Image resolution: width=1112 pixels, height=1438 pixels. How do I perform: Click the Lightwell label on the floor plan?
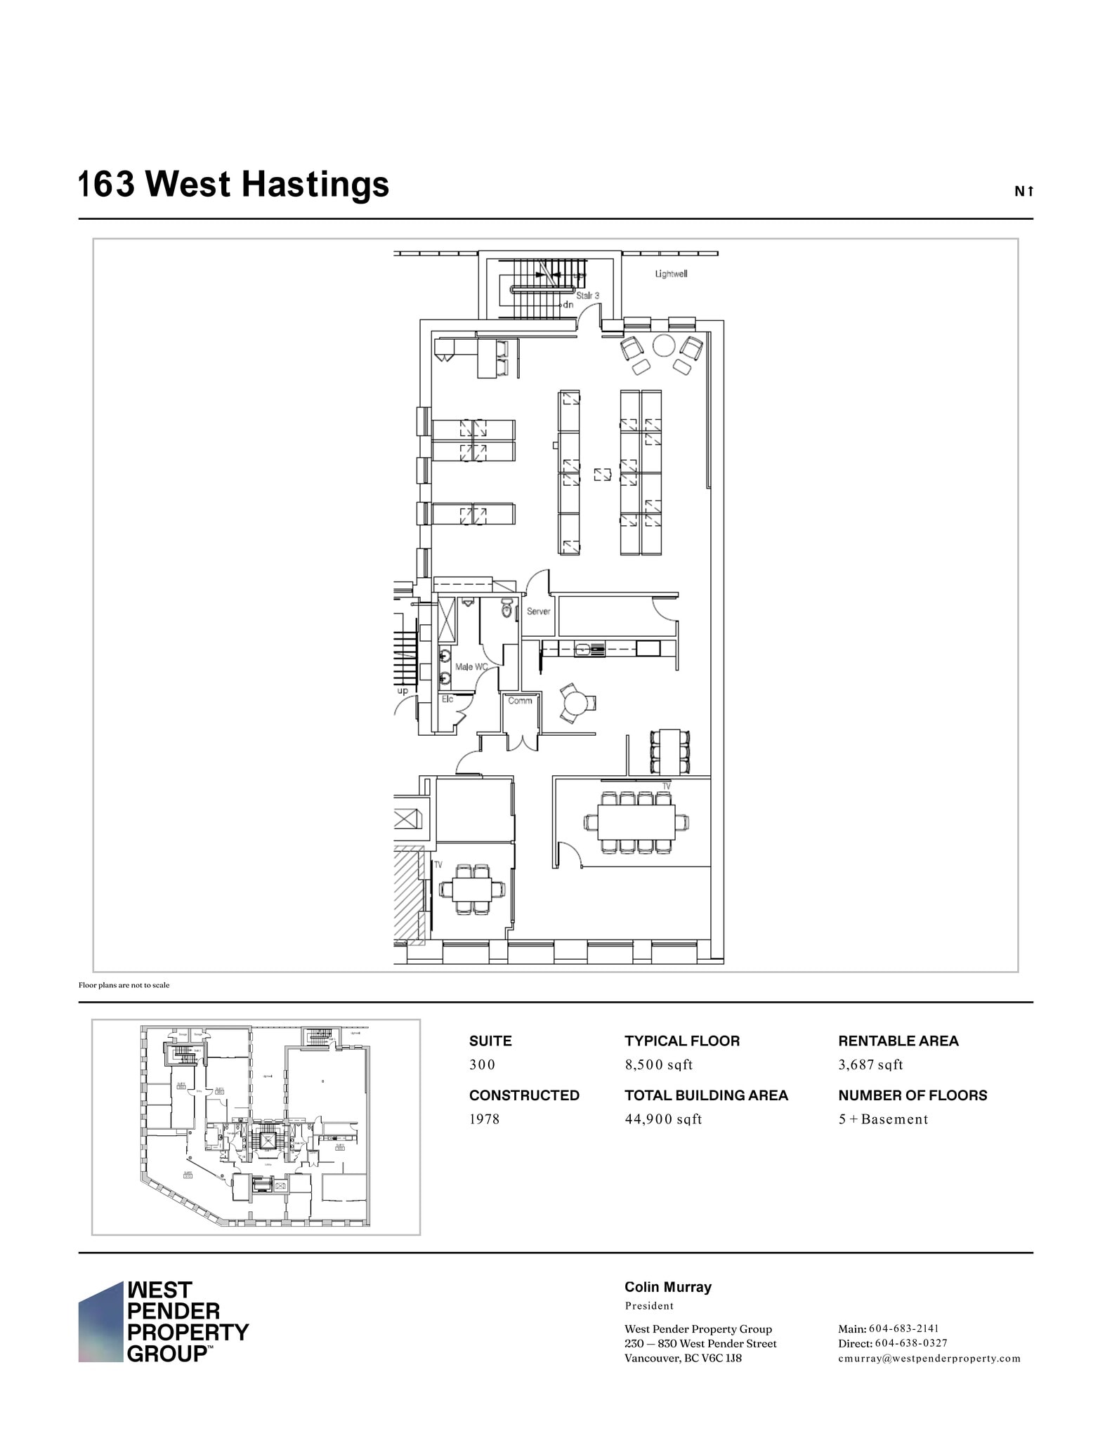click(x=671, y=274)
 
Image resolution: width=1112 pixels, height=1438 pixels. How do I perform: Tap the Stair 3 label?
click(x=588, y=296)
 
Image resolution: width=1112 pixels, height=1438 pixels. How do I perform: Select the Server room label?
click(x=538, y=612)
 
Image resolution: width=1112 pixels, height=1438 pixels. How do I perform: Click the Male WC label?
click(x=471, y=666)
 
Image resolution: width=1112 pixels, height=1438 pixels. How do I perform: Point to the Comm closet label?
click(x=520, y=701)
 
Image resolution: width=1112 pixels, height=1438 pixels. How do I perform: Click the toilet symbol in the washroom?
click(x=507, y=609)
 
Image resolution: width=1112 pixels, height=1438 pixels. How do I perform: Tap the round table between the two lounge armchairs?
click(x=663, y=345)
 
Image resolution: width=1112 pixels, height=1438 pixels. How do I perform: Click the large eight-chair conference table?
click(x=636, y=822)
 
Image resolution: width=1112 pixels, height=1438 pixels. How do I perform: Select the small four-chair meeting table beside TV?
click(x=472, y=890)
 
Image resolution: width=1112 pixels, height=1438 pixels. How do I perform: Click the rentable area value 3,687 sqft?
click(x=870, y=1064)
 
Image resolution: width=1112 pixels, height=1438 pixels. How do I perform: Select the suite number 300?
click(x=482, y=1064)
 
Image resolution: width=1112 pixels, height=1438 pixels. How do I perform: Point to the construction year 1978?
click(x=484, y=1119)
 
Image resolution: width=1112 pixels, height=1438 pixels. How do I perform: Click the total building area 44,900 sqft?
click(x=663, y=1119)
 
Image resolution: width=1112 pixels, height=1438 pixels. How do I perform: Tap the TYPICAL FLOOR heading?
click(x=681, y=1041)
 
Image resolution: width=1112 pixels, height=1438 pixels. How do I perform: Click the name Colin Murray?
click(x=667, y=1287)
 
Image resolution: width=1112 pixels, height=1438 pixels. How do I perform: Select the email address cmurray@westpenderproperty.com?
click(x=929, y=1358)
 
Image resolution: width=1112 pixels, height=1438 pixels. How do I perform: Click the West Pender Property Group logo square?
click(x=100, y=1322)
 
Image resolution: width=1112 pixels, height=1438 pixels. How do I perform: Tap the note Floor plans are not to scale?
click(x=124, y=985)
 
